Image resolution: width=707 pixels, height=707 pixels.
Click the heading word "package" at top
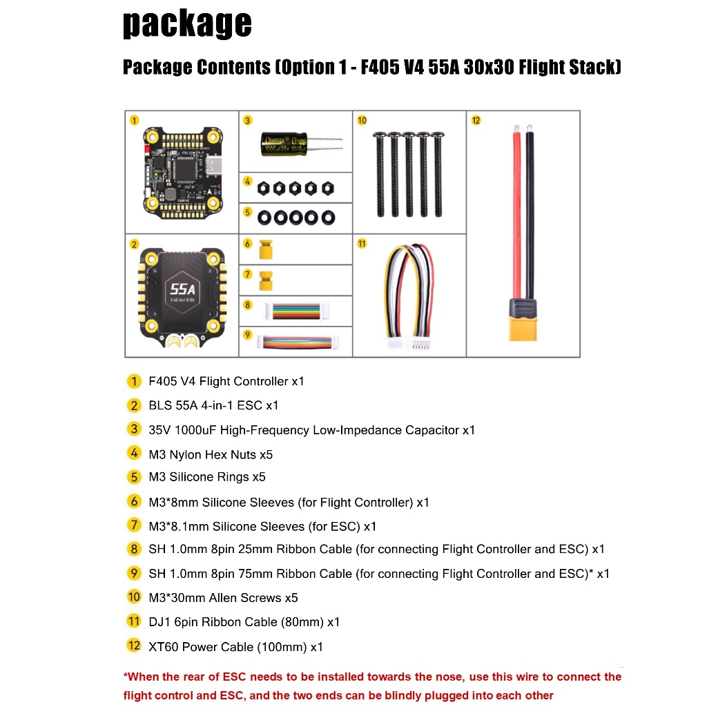[187, 23]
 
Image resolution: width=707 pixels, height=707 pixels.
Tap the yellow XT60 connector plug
[523, 329]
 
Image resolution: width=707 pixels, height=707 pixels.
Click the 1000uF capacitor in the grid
[284, 144]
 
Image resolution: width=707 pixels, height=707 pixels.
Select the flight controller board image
[182, 173]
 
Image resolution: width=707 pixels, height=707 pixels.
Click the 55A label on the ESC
[182, 289]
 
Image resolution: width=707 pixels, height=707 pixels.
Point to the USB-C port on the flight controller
[216, 164]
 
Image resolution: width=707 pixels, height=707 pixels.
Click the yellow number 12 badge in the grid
[476, 120]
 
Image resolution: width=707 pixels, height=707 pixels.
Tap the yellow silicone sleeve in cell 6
[266, 250]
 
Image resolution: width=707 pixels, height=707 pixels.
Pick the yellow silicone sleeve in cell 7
[266, 281]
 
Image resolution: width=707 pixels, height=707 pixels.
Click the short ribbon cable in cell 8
[296, 311]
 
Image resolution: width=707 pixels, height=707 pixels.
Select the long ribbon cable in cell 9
[298, 342]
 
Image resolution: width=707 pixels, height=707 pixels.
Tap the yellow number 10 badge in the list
[134, 597]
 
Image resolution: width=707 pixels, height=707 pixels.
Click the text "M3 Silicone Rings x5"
[207, 477]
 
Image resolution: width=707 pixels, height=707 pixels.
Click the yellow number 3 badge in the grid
[248, 120]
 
